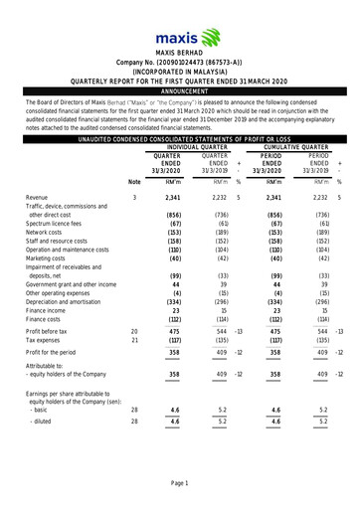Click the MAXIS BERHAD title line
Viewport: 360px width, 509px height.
pos(180,52)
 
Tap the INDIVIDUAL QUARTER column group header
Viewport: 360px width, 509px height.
pos(192,148)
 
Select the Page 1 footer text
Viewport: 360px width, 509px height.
pos(180,482)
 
